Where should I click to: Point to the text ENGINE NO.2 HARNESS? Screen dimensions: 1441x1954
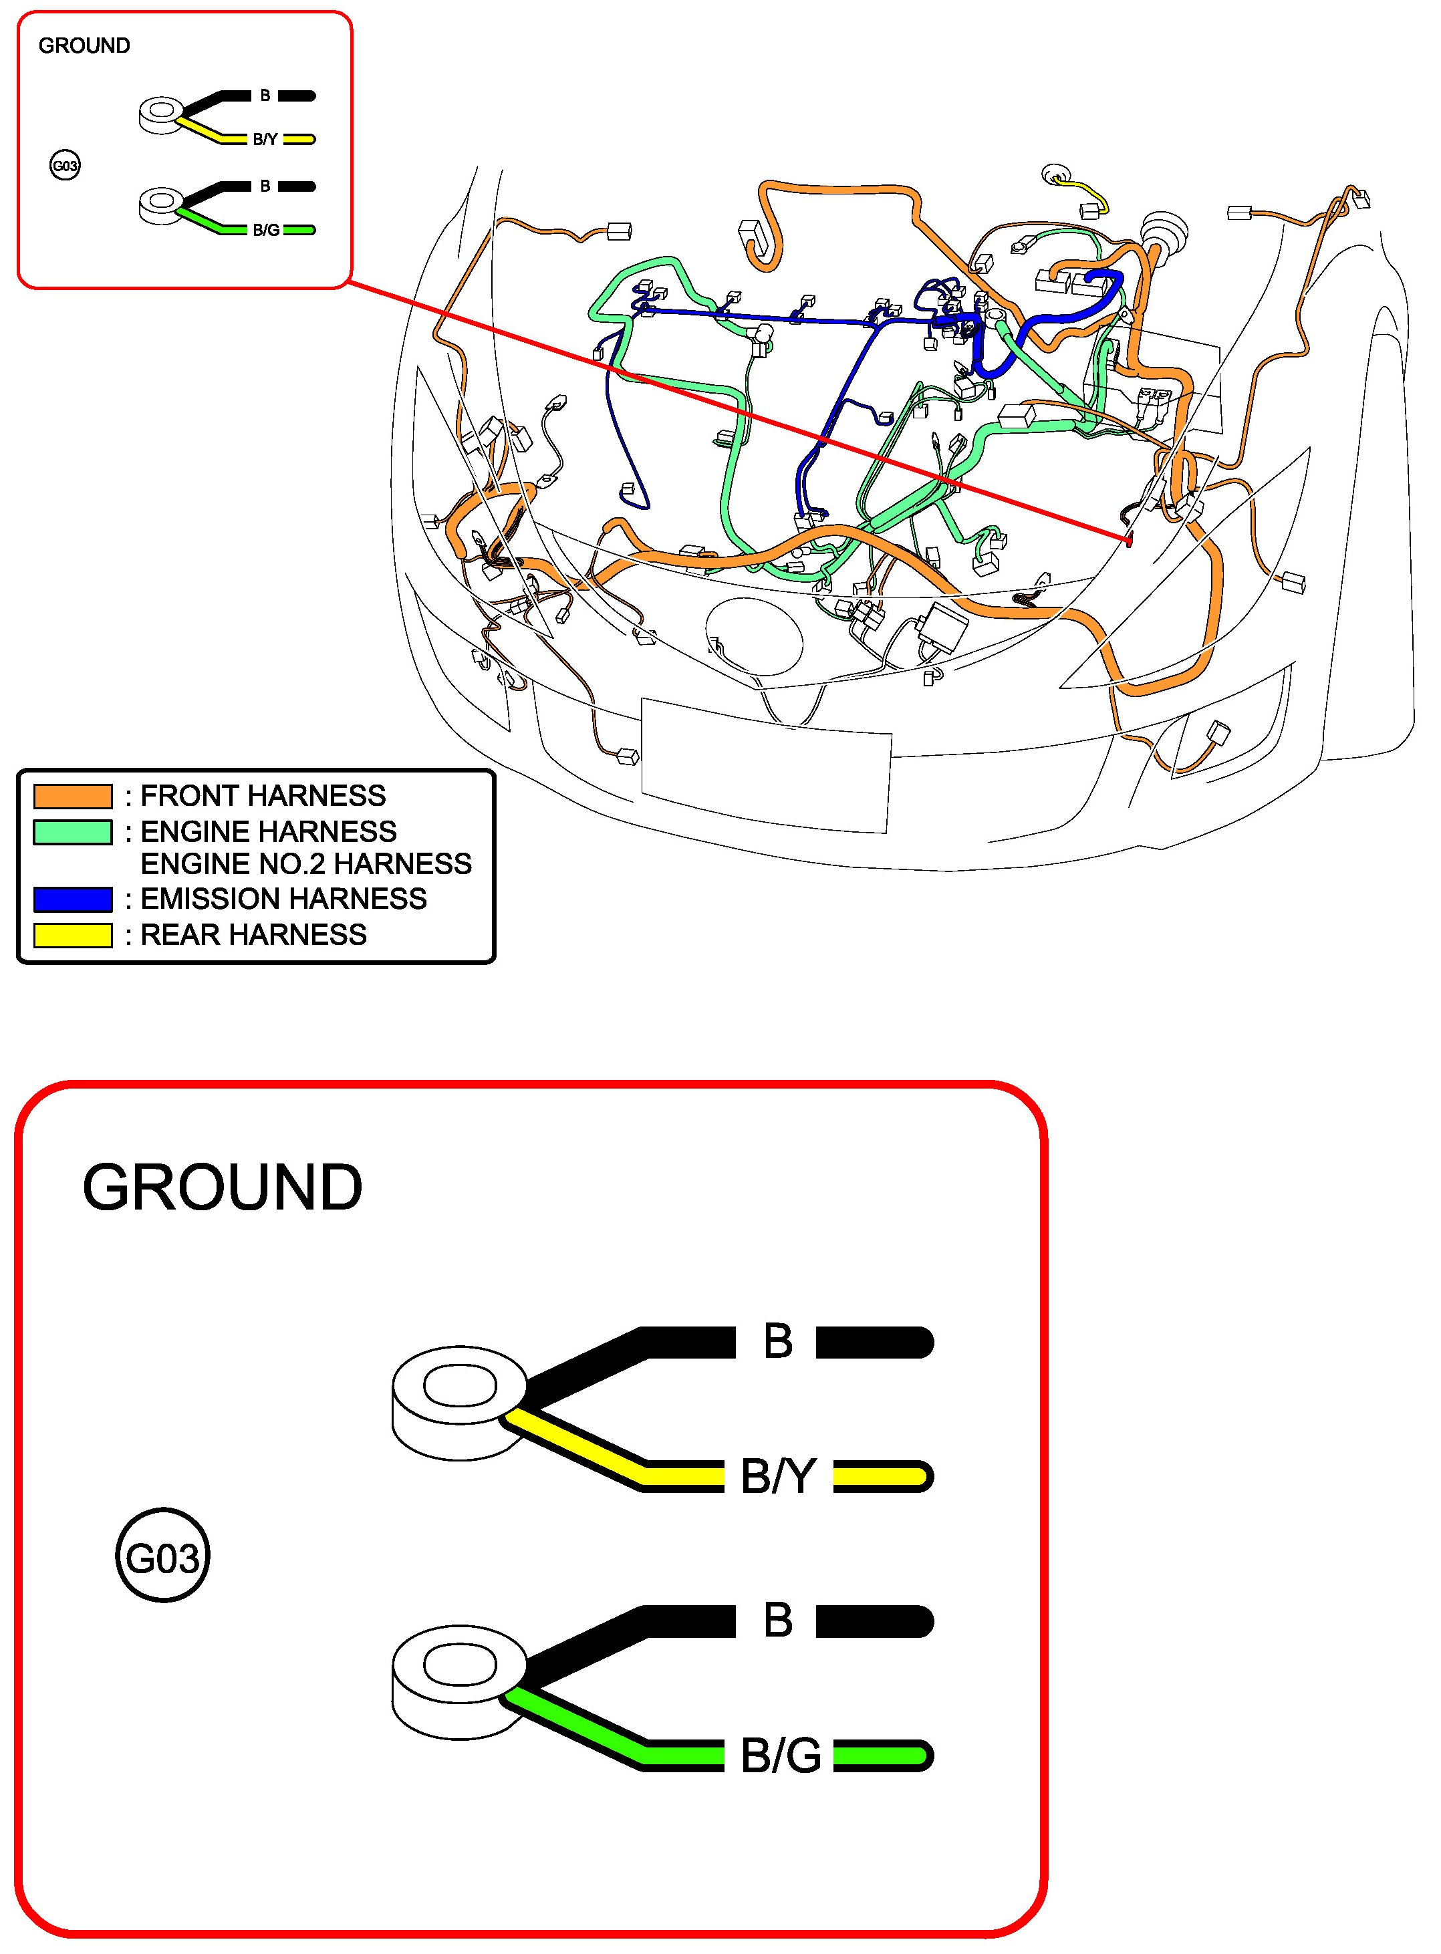click(x=305, y=864)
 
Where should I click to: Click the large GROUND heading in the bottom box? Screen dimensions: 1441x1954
click(x=223, y=1188)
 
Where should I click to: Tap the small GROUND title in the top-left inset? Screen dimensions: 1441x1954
click(x=84, y=45)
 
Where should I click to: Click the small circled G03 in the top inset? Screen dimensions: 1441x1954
click(x=65, y=166)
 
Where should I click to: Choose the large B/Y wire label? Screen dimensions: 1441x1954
click(x=778, y=1476)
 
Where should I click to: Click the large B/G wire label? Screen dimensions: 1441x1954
click(x=781, y=1756)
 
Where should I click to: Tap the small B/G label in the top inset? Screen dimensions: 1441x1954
click(x=266, y=230)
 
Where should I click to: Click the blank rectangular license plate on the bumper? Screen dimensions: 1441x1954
click(x=765, y=764)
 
